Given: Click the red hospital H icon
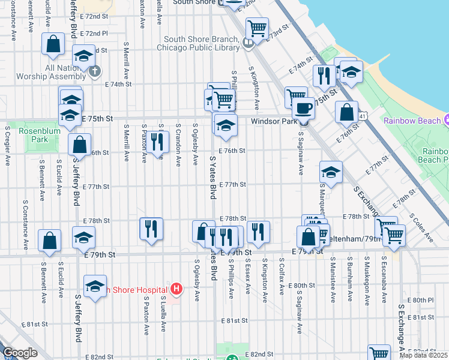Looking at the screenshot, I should click(x=176, y=290).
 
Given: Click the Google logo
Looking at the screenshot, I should click(x=20, y=353).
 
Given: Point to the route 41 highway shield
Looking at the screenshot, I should click(x=361, y=114).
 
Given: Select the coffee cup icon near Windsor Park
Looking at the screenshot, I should click(x=304, y=109).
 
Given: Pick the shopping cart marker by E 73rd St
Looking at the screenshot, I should click(x=257, y=28).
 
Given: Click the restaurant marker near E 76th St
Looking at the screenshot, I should click(x=157, y=142).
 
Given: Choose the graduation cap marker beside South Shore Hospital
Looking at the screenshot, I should click(x=95, y=287).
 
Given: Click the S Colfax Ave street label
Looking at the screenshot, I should click(x=282, y=277).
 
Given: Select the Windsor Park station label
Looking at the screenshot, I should click(x=274, y=121).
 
